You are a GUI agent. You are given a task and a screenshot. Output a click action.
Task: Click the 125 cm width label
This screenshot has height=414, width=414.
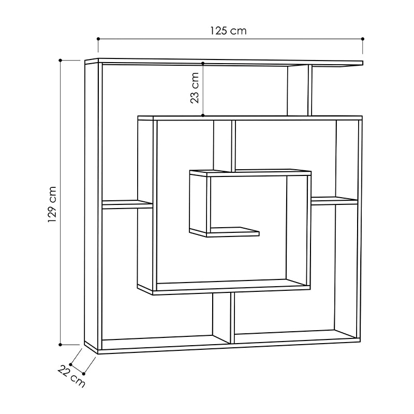[228, 31]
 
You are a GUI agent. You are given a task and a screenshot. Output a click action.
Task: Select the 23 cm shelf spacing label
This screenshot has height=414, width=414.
[195, 88]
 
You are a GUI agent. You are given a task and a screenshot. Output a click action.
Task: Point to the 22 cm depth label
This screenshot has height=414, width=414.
[71, 376]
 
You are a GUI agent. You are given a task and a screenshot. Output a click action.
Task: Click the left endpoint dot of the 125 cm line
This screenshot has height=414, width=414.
[98, 39]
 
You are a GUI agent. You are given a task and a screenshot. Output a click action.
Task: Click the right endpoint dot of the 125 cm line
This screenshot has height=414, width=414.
[363, 39]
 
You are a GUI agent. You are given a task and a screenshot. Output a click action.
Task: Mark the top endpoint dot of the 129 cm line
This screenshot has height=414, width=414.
[61, 60]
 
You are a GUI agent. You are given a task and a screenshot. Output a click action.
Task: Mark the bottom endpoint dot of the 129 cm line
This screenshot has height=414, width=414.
[61, 344]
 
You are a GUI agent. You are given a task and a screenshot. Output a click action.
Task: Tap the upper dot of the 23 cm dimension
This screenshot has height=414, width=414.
[203, 63]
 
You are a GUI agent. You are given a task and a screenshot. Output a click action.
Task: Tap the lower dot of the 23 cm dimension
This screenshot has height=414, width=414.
[203, 115]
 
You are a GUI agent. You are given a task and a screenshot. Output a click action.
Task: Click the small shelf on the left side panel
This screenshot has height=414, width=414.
[127, 204]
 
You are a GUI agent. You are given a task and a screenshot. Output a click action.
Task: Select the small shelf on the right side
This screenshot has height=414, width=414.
[334, 200]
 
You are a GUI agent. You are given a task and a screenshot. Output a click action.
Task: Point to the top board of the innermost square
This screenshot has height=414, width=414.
[250, 173]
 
